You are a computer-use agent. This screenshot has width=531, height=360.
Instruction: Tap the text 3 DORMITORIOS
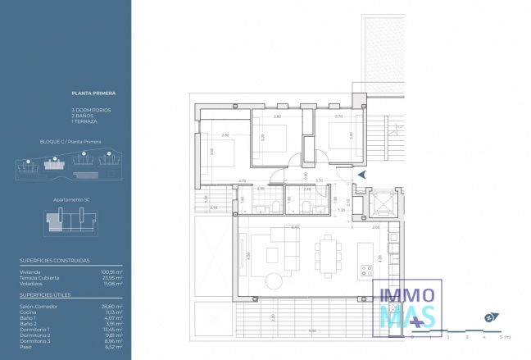tap(91, 111)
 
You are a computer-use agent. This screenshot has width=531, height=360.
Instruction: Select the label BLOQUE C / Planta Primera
tap(70, 142)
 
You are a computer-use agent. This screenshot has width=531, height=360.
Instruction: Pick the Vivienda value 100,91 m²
tap(111, 271)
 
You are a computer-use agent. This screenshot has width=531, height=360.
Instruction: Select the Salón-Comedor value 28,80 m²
tap(112, 306)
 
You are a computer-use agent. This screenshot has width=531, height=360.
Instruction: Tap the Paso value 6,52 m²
tap(113, 346)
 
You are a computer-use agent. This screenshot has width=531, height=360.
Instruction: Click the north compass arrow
tap(465, 317)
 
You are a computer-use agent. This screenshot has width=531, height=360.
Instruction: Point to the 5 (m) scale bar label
tap(504, 336)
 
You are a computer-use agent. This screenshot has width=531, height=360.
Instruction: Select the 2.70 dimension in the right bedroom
tap(338, 117)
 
